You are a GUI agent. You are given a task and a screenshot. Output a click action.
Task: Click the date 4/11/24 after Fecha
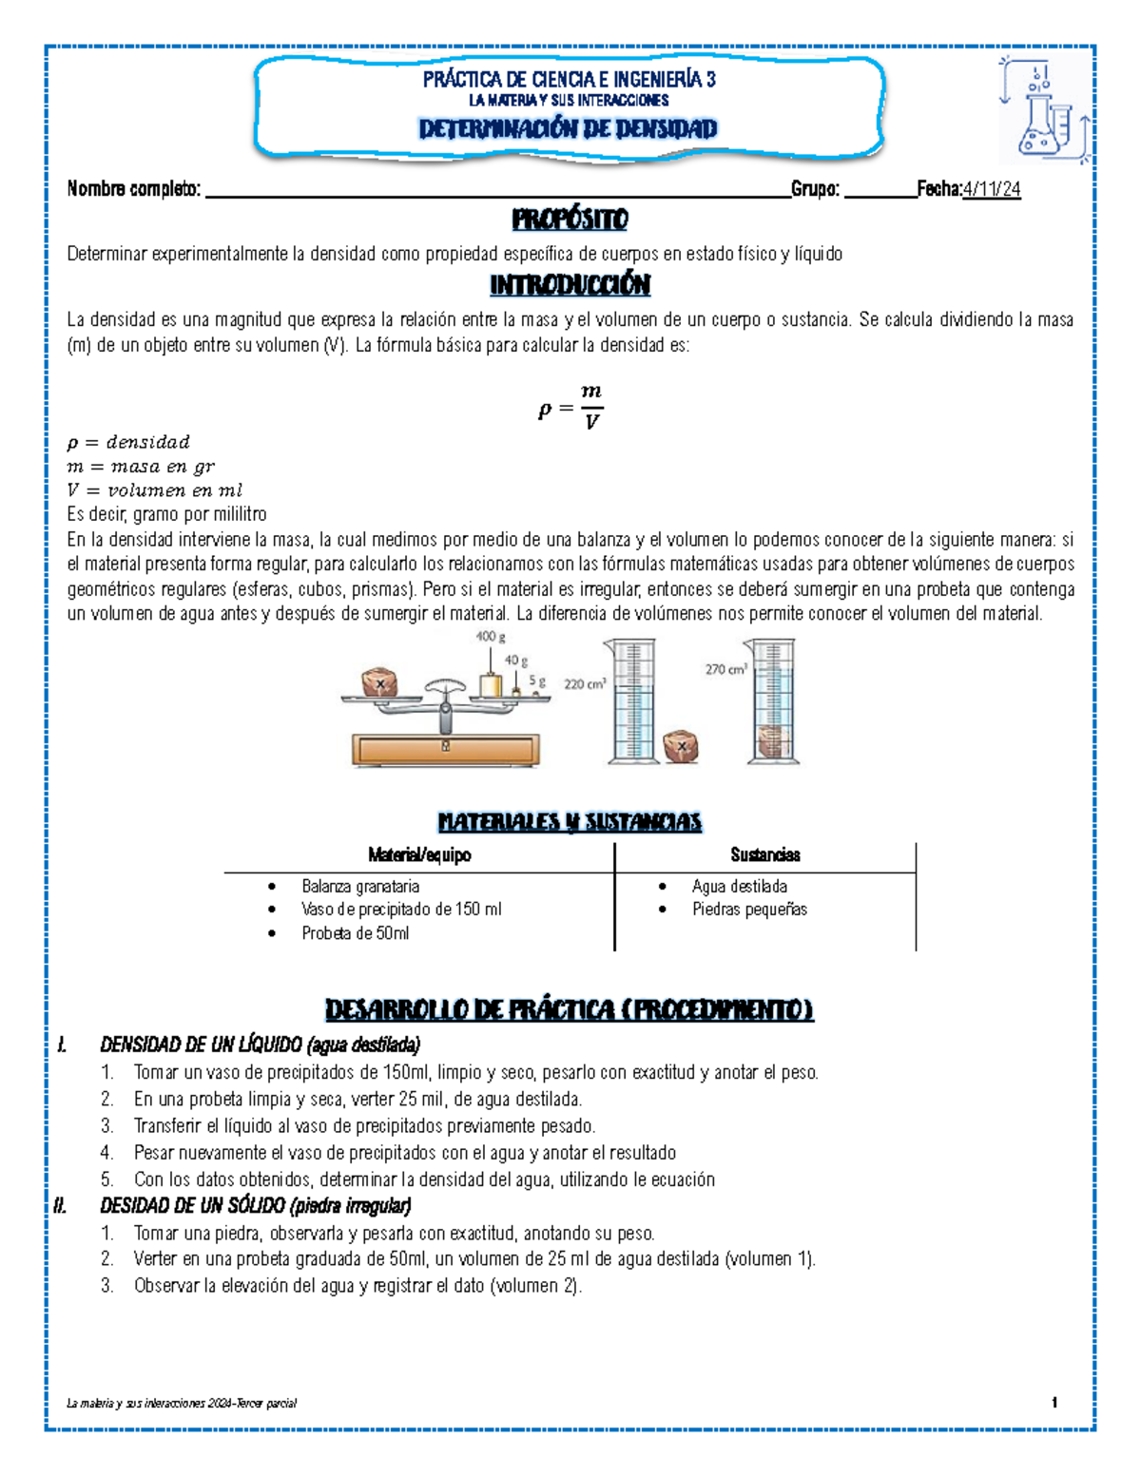992,189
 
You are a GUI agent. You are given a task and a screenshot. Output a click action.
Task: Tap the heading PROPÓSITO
570,220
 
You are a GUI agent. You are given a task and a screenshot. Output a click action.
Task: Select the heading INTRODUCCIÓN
570,284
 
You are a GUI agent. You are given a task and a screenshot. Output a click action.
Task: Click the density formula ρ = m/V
570,407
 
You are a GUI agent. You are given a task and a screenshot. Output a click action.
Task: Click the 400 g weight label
491,636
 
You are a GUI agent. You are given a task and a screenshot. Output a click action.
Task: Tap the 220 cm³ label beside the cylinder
585,683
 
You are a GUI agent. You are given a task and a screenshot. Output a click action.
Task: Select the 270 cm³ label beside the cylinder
725,669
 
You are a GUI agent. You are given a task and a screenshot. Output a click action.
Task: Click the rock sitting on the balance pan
379,682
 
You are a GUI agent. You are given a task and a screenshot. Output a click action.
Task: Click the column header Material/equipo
419,855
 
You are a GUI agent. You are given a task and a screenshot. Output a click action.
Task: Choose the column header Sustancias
764,855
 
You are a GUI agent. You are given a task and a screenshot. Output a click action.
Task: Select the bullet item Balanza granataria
360,887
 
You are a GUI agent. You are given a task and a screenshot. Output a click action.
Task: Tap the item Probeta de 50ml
355,933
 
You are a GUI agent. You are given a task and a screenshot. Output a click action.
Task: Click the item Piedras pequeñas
749,910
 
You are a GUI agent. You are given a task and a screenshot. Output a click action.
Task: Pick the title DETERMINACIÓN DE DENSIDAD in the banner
568,129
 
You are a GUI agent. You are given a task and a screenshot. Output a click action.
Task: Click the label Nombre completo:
133,189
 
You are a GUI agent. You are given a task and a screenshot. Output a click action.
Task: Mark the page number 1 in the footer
1054,1403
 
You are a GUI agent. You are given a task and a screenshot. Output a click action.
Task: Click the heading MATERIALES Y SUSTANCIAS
570,822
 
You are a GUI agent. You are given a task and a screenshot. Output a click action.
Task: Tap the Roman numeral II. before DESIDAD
61,1206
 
